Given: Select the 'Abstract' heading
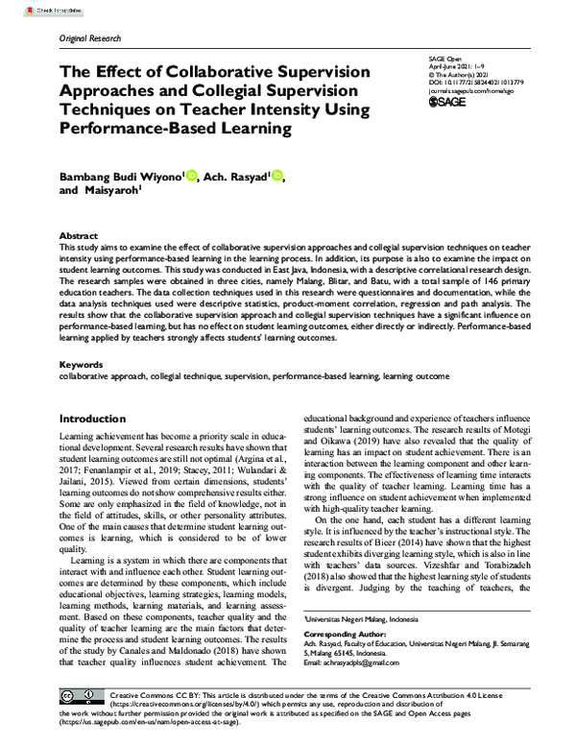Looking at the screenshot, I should pos(78,235).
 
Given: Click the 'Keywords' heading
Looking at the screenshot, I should pos(81,366).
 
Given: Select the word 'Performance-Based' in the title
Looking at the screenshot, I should pos(139,126).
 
